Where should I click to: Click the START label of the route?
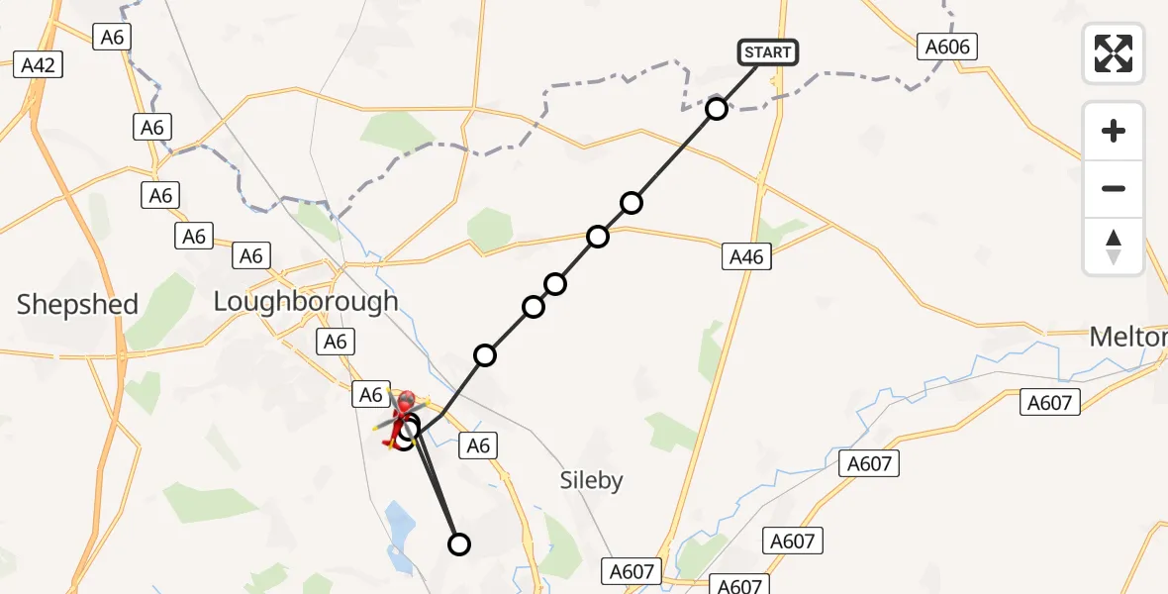[767, 51]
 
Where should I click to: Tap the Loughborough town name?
[306, 301]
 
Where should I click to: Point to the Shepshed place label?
[77, 304]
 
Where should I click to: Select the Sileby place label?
[591, 481]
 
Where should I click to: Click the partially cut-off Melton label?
[1128, 338]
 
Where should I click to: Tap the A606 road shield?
[948, 46]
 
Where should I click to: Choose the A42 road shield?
[40, 65]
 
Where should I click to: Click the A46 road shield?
[746, 257]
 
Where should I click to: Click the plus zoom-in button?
[1114, 131]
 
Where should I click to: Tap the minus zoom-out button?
[1114, 188]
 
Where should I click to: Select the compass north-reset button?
[1114, 247]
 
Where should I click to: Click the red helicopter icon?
[405, 416]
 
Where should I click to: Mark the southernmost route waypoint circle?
[459, 544]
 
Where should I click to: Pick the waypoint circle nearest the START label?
[717, 109]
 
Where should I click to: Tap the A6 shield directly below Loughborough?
[336, 342]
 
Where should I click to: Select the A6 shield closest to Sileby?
[478, 446]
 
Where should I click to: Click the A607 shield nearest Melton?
[1051, 401]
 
